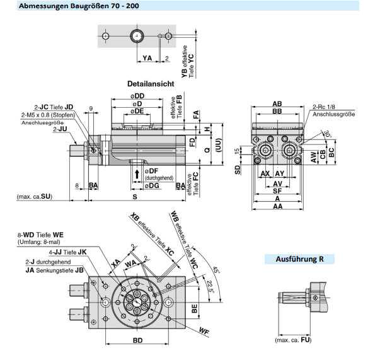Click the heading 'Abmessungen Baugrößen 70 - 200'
coord(79,6)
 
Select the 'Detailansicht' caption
coord(151,84)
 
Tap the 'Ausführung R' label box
coord(299,259)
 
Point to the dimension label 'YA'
coord(147,58)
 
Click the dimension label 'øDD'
coord(137,96)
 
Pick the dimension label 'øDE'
coord(137,111)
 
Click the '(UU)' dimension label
coord(218,145)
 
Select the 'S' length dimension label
coord(135,197)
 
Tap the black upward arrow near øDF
coord(137,175)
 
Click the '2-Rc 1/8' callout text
coord(324,107)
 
